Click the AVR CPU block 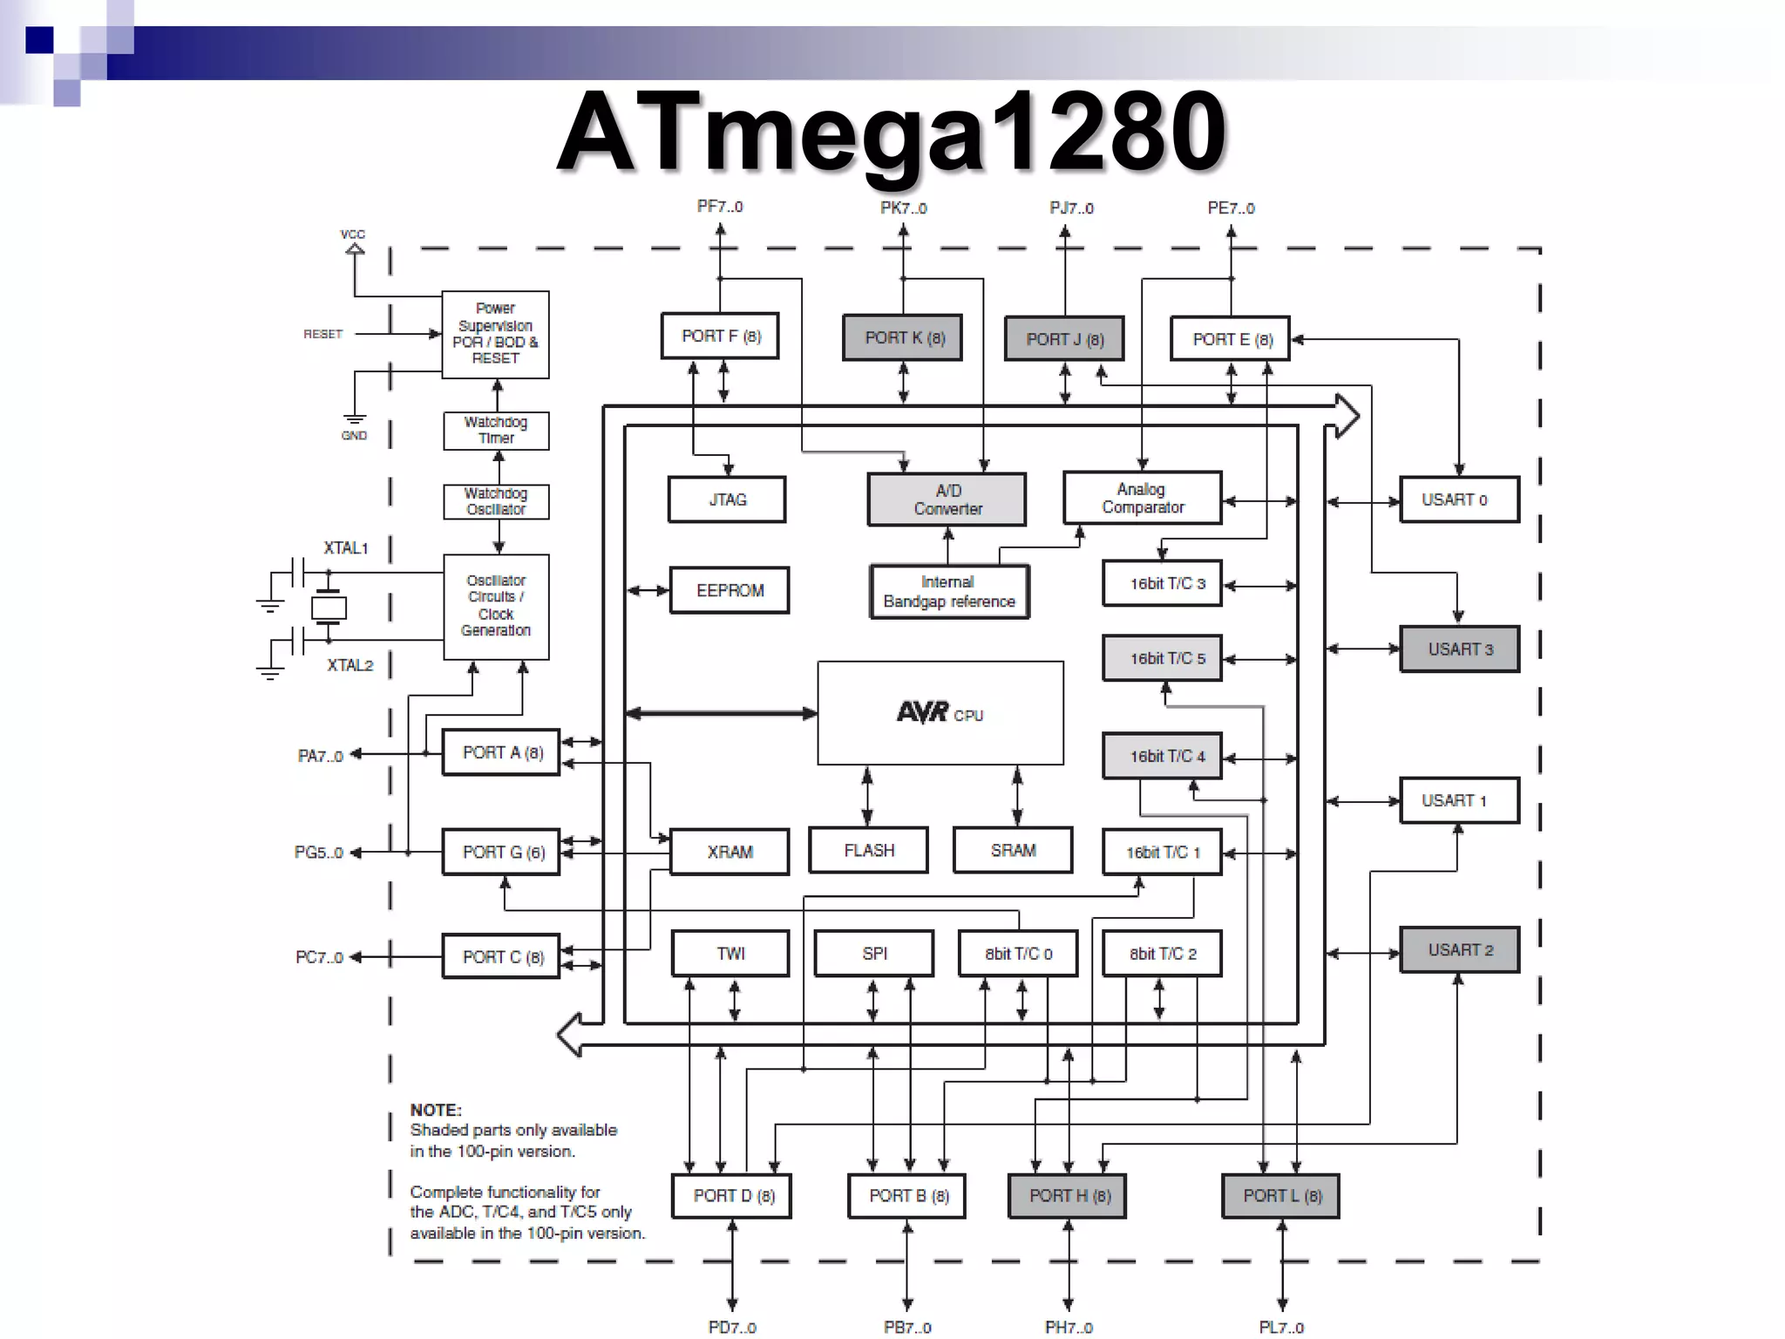tap(940, 713)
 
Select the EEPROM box tap(730, 590)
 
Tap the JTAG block tap(727, 500)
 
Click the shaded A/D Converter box tap(947, 500)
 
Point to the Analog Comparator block tap(1142, 498)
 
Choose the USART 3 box tap(1459, 649)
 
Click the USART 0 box tap(1459, 500)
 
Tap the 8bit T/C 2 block tap(1162, 954)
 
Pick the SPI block tap(874, 954)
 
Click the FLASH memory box tap(868, 850)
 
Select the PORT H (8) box tap(1068, 1196)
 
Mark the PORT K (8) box tap(903, 337)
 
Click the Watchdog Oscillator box tap(496, 501)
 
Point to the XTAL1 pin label tap(345, 548)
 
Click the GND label tap(354, 435)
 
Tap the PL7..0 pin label tap(1281, 1327)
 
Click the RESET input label tap(322, 334)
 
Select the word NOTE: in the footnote tap(436, 1110)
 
